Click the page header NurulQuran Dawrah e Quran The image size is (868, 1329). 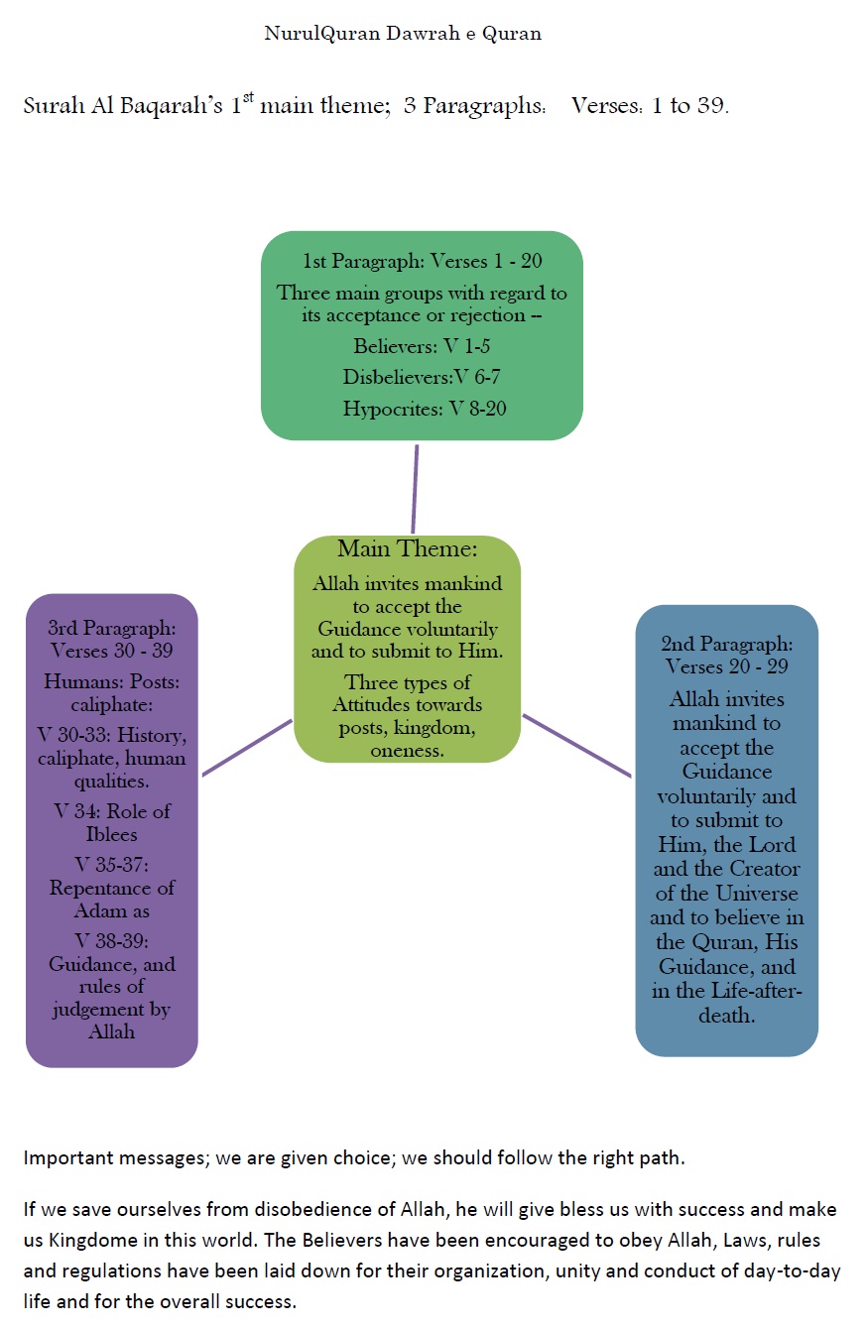coord(403,34)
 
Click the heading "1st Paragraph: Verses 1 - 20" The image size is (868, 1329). coord(423,262)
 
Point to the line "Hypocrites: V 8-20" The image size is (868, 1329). coord(425,408)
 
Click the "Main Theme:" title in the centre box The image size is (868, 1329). coord(408,549)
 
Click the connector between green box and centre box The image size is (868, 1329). coord(415,489)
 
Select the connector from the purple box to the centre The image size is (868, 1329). coord(247,747)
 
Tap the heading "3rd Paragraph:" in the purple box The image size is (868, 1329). coord(111,628)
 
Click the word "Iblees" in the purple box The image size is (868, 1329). coord(111,834)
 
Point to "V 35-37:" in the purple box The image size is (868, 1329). coord(111,862)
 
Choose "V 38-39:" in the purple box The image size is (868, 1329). coord(111,938)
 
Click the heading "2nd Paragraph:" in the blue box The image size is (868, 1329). coord(726,644)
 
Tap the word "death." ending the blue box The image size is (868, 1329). coord(726,1015)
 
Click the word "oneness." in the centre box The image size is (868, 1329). coord(408,751)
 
